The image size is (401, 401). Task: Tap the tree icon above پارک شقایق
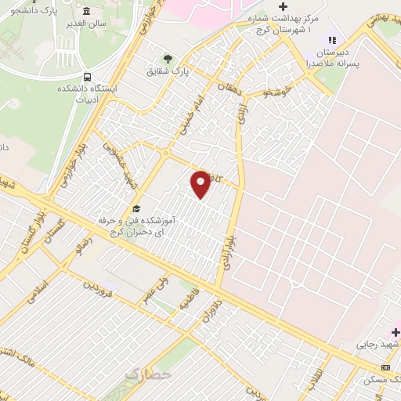click(x=166, y=58)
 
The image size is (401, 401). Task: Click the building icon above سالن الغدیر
click(x=85, y=12)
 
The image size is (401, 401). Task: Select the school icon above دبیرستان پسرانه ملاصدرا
click(x=332, y=40)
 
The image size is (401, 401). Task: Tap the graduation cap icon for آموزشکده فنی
click(x=137, y=208)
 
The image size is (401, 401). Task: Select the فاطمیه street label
click(x=187, y=299)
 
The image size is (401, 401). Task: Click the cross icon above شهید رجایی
click(x=396, y=332)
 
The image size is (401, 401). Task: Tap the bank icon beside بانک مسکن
click(x=385, y=367)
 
